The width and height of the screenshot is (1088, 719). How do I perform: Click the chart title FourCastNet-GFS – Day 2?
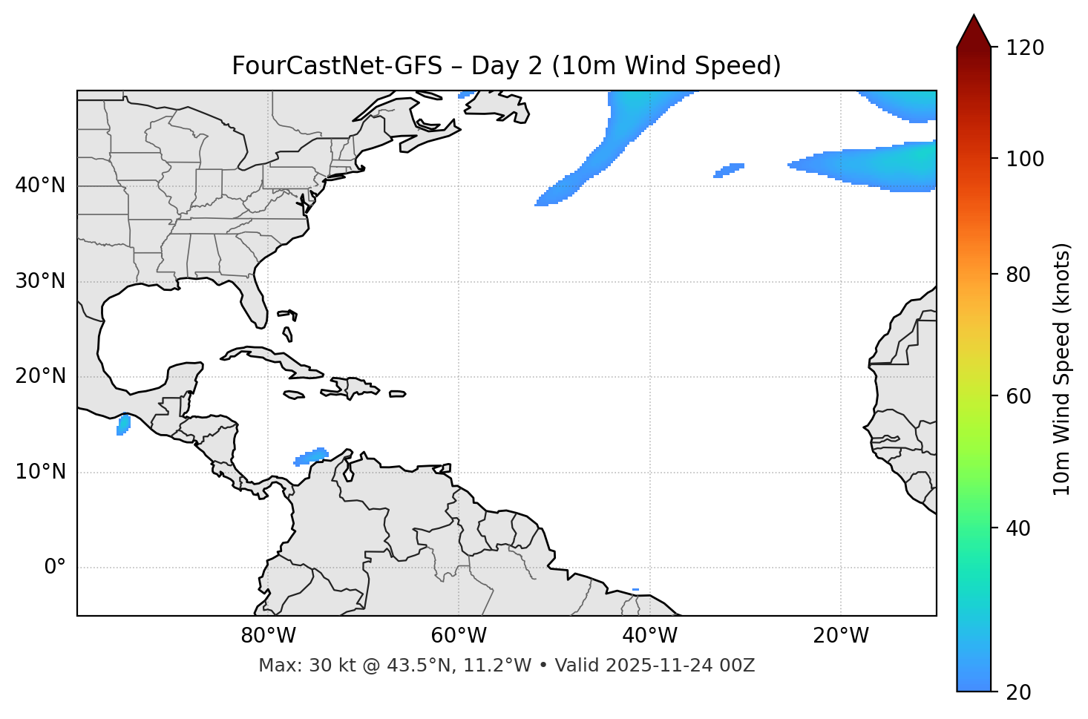(x=506, y=66)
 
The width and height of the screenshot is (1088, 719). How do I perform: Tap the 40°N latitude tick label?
(x=40, y=186)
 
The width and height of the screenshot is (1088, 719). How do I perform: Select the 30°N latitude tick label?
(x=40, y=281)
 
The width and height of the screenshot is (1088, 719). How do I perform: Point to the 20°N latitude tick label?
(x=40, y=376)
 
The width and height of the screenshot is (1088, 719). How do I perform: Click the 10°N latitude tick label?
(x=40, y=472)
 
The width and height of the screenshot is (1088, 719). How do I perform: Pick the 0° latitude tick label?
(x=55, y=568)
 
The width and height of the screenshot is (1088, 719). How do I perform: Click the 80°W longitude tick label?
(x=268, y=636)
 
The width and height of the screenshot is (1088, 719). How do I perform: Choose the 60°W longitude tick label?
(x=459, y=636)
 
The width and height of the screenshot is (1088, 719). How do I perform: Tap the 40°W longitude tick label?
(x=649, y=636)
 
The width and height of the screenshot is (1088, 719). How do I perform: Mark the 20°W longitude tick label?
(x=840, y=636)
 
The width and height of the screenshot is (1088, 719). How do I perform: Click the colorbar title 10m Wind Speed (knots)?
(x=1062, y=369)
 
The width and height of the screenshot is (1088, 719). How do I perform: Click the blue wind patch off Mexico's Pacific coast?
(x=123, y=424)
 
